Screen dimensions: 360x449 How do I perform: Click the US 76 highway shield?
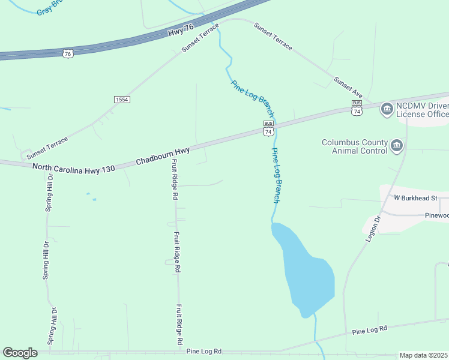point(67,53)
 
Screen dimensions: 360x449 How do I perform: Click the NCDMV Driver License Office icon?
point(387,108)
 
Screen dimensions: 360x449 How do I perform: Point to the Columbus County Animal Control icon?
point(396,145)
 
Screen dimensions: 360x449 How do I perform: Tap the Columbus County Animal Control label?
point(355,146)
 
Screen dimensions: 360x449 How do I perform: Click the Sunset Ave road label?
point(349,87)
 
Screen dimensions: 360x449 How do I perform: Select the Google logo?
point(20,353)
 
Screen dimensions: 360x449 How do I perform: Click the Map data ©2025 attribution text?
point(424,355)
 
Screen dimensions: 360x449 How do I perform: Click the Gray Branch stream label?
point(49,7)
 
